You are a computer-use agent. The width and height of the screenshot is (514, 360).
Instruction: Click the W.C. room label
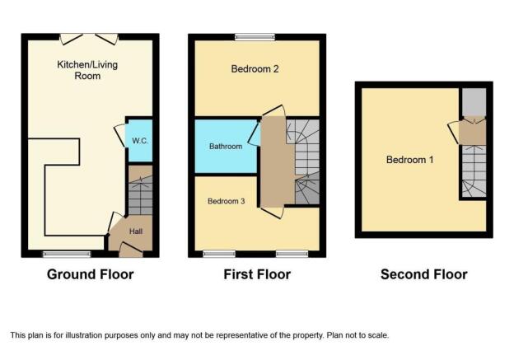[x=140, y=141]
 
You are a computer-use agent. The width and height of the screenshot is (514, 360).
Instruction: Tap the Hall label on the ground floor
[x=136, y=231]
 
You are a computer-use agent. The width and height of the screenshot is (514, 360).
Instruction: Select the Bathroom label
[x=226, y=147]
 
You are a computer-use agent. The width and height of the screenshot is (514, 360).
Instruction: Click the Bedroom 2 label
[x=255, y=69]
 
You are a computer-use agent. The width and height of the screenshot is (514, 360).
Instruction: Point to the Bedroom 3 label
[x=227, y=201]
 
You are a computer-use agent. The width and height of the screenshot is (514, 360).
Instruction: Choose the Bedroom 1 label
[x=409, y=160]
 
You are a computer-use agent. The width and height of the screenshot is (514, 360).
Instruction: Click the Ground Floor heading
[x=90, y=274]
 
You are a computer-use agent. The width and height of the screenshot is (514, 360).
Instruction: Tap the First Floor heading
[x=257, y=274]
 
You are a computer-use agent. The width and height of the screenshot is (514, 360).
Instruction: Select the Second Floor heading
[x=424, y=274]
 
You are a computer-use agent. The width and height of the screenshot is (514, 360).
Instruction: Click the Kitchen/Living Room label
[x=87, y=70]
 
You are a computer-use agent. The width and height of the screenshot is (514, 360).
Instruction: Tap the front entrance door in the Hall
[x=131, y=249]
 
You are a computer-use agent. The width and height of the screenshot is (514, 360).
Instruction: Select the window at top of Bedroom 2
[x=255, y=37]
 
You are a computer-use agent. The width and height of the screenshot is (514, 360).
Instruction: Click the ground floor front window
[x=67, y=254]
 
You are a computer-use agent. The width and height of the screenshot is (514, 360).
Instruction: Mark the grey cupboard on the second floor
[x=474, y=101]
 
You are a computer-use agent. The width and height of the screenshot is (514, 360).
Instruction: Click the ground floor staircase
[x=140, y=190]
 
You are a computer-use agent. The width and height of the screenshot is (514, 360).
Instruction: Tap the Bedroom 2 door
[x=273, y=110]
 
